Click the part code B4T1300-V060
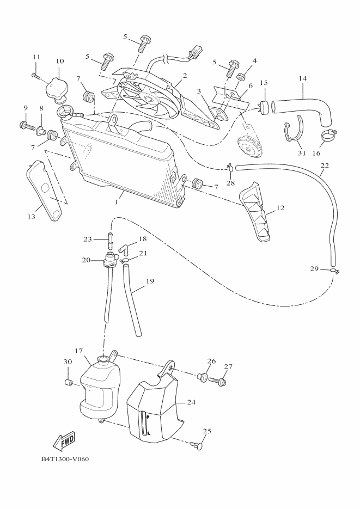click(x=65, y=458)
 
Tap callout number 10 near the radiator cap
click(x=60, y=61)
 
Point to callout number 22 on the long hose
click(x=325, y=165)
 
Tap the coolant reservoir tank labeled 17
click(x=99, y=388)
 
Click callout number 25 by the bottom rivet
click(x=206, y=431)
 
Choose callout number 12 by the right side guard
click(x=280, y=207)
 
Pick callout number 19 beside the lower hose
click(x=150, y=281)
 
